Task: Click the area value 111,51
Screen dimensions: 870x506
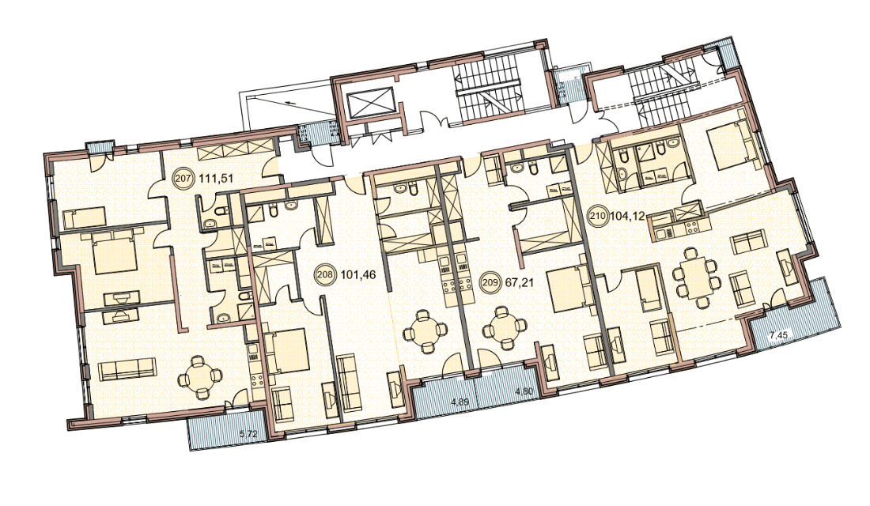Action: click(x=212, y=179)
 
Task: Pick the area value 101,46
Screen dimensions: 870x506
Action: click(x=353, y=274)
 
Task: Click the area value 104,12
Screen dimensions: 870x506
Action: click(x=627, y=217)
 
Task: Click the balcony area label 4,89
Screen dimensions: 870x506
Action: click(x=459, y=402)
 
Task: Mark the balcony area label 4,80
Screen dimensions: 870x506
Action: click(x=524, y=392)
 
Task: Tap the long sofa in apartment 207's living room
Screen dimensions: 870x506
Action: click(x=126, y=369)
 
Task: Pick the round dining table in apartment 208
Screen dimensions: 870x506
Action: click(x=425, y=331)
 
